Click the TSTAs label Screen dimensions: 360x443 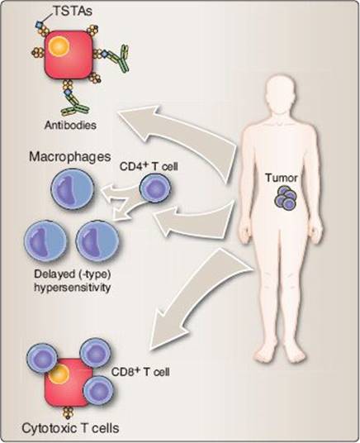click(73, 11)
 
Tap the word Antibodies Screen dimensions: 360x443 click(70, 125)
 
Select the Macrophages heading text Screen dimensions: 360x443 click(69, 157)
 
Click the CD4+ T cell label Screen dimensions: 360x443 click(149, 166)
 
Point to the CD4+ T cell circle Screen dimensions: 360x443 click(155, 188)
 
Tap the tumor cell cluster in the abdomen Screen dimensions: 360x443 click(286, 198)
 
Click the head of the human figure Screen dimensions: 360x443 click(282, 93)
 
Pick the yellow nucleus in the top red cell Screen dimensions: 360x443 click(59, 46)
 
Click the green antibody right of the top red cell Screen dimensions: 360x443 click(119, 58)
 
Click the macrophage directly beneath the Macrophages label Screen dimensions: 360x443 click(73, 189)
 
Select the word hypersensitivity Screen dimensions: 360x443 click(73, 288)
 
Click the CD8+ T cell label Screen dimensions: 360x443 click(140, 372)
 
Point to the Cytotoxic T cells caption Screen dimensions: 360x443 click(70, 428)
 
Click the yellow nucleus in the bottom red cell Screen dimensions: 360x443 click(59, 374)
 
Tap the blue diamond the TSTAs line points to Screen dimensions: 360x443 click(39, 25)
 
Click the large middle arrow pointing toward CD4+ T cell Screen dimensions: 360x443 click(195, 219)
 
